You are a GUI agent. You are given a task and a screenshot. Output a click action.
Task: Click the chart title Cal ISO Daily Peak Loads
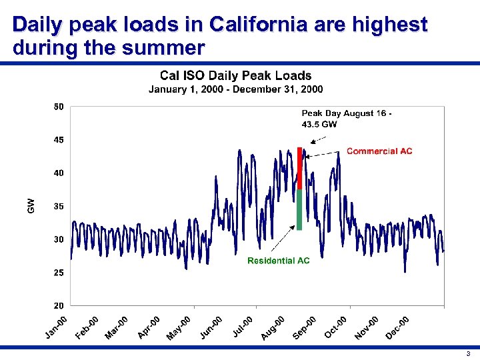(x=235, y=76)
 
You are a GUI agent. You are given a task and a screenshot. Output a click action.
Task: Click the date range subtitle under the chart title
(x=235, y=89)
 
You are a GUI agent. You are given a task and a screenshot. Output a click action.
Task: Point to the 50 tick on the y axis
(x=59, y=107)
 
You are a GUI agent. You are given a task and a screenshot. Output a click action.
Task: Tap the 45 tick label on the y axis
(x=59, y=140)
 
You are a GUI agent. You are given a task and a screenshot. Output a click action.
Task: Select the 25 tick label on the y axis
(x=59, y=273)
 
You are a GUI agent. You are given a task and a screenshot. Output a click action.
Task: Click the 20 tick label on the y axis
(x=59, y=306)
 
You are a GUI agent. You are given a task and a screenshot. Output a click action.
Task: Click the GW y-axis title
(x=31, y=206)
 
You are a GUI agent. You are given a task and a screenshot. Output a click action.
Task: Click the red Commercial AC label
(x=379, y=151)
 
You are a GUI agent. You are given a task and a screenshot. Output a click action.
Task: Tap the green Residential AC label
(x=278, y=261)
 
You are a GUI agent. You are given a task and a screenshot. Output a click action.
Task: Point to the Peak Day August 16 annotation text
(x=346, y=119)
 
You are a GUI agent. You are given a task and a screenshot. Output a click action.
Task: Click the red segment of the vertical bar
(x=300, y=168)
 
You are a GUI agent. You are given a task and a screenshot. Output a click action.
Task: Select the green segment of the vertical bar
(x=299, y=210)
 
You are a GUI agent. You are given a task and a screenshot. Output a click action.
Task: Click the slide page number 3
(x=468, y=353)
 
